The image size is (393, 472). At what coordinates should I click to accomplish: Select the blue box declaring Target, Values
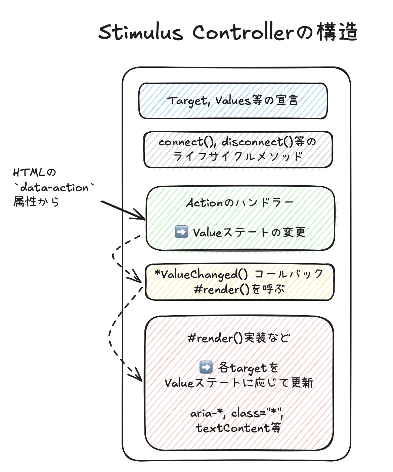coord(233,101)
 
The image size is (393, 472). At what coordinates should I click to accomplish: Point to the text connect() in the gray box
coord(185,142)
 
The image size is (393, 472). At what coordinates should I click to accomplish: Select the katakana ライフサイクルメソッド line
coord(238,156)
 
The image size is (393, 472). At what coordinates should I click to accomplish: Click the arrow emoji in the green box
coord(181,232)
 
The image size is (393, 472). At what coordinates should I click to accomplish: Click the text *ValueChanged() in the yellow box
coord(201,274)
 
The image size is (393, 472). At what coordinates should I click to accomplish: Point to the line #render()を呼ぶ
coord(239,289)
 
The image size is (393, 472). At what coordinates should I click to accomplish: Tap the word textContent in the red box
coord(233,428)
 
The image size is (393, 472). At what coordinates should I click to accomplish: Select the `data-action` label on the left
coord(54,187)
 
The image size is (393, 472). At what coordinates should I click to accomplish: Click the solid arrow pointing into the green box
coord(123,210)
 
